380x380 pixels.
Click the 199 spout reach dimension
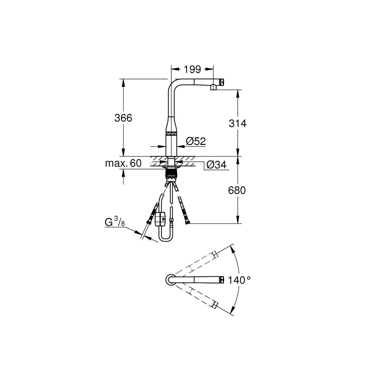(x=192, y=69)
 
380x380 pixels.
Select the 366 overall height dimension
(x=123, y=118)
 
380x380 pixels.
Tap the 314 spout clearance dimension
(x=237, y=123)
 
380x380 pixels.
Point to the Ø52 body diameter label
(x=196, y=141)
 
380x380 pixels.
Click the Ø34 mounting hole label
(x=216, y=165)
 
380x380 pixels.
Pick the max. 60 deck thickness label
(x=123, y=163)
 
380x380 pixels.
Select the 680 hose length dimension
(x=237, y=191)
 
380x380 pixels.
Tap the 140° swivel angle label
(x=239, y=280)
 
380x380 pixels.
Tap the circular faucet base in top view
(x=170, y=280)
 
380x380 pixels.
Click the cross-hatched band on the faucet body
(x=171, y=133)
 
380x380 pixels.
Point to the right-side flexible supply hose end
(x=187, y=223)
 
